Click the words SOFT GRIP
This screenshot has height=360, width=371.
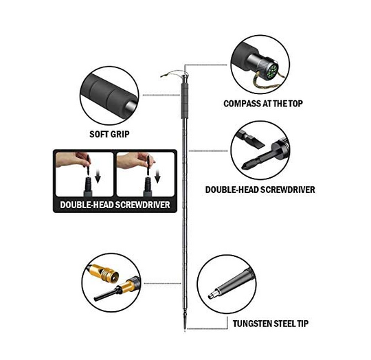109,134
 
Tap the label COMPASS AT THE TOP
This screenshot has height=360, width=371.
263,104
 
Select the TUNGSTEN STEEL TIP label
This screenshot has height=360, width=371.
271,324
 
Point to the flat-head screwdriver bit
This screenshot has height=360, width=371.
251,139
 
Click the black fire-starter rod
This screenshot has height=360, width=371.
106,293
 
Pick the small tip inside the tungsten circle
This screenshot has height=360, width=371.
212,295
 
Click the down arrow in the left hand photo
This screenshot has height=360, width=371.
98,177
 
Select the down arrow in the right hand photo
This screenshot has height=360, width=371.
157,177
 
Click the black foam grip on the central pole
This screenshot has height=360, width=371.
185,100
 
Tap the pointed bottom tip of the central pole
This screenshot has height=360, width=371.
185,330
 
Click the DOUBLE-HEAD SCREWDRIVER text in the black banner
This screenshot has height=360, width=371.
115,205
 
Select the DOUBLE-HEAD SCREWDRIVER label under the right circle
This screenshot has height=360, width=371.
260,190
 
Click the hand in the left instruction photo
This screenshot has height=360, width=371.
72,159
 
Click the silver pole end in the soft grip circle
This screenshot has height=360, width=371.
131,106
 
